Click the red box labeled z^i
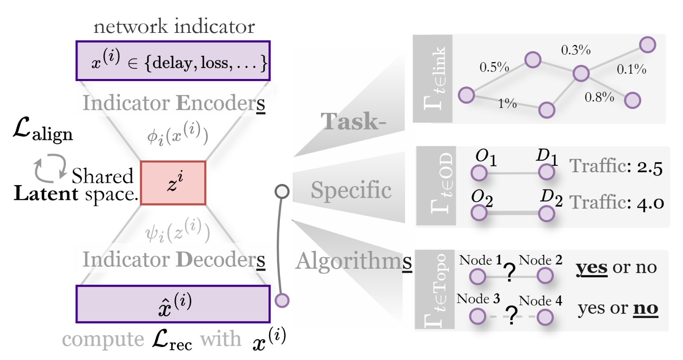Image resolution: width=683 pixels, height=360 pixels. tap(173, 183)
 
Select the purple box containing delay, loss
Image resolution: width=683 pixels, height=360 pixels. tap(173, 61)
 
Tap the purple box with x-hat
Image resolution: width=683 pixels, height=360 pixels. tap(173, 304)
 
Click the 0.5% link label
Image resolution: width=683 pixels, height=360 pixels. tap(494, 67)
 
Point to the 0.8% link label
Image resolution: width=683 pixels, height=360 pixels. tap(599, 98)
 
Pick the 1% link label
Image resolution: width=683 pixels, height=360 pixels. tap(507, 103)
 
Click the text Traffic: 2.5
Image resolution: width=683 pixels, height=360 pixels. tap(616, 167)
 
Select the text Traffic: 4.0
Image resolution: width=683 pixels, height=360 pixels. tap(617, 202)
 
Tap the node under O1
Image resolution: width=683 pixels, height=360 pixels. tap(479, 173)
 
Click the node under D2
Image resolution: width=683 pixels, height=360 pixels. tap(546, 214)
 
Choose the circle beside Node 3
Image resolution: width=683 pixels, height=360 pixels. tap(478, 316)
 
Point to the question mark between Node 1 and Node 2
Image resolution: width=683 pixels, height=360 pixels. tap(510, 272)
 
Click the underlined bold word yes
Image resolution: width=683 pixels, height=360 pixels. tap(592, 268)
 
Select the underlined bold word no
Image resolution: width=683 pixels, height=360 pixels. tap(646, 308)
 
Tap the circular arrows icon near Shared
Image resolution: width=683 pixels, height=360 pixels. tap(50, 167)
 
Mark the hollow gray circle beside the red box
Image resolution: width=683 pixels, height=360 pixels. tap(282, 191)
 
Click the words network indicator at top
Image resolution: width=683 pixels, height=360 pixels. tap(174, 27)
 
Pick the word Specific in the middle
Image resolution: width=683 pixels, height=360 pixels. tap(351, 190)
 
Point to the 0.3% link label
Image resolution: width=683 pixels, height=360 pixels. tap(576, 50)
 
